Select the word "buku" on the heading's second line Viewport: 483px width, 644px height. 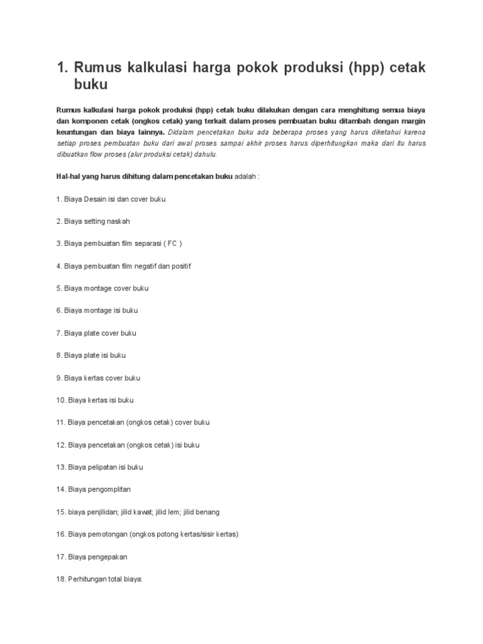pos(91,84)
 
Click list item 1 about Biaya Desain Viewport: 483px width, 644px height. pos(111,199)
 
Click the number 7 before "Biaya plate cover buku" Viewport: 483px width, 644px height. pos(58,333)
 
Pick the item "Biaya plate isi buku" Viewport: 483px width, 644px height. pos(91,355)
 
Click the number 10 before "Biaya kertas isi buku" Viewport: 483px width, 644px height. pos(60,400)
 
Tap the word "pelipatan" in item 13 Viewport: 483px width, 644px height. pos(103,467)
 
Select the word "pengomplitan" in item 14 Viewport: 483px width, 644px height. pos(109,489)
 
